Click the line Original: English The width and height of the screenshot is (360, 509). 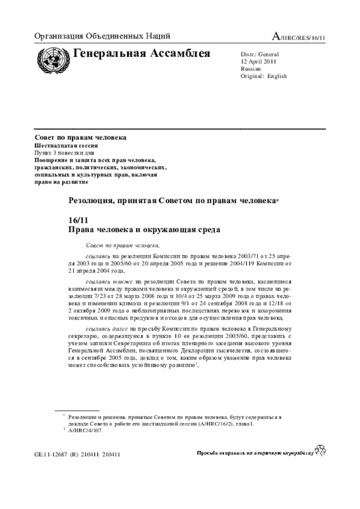coord(263,76)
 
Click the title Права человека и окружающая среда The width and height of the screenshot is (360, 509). coord(144,229)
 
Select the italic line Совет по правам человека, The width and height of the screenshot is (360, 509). coord(123,246)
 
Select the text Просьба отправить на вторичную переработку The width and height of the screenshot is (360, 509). coord(255,453)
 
